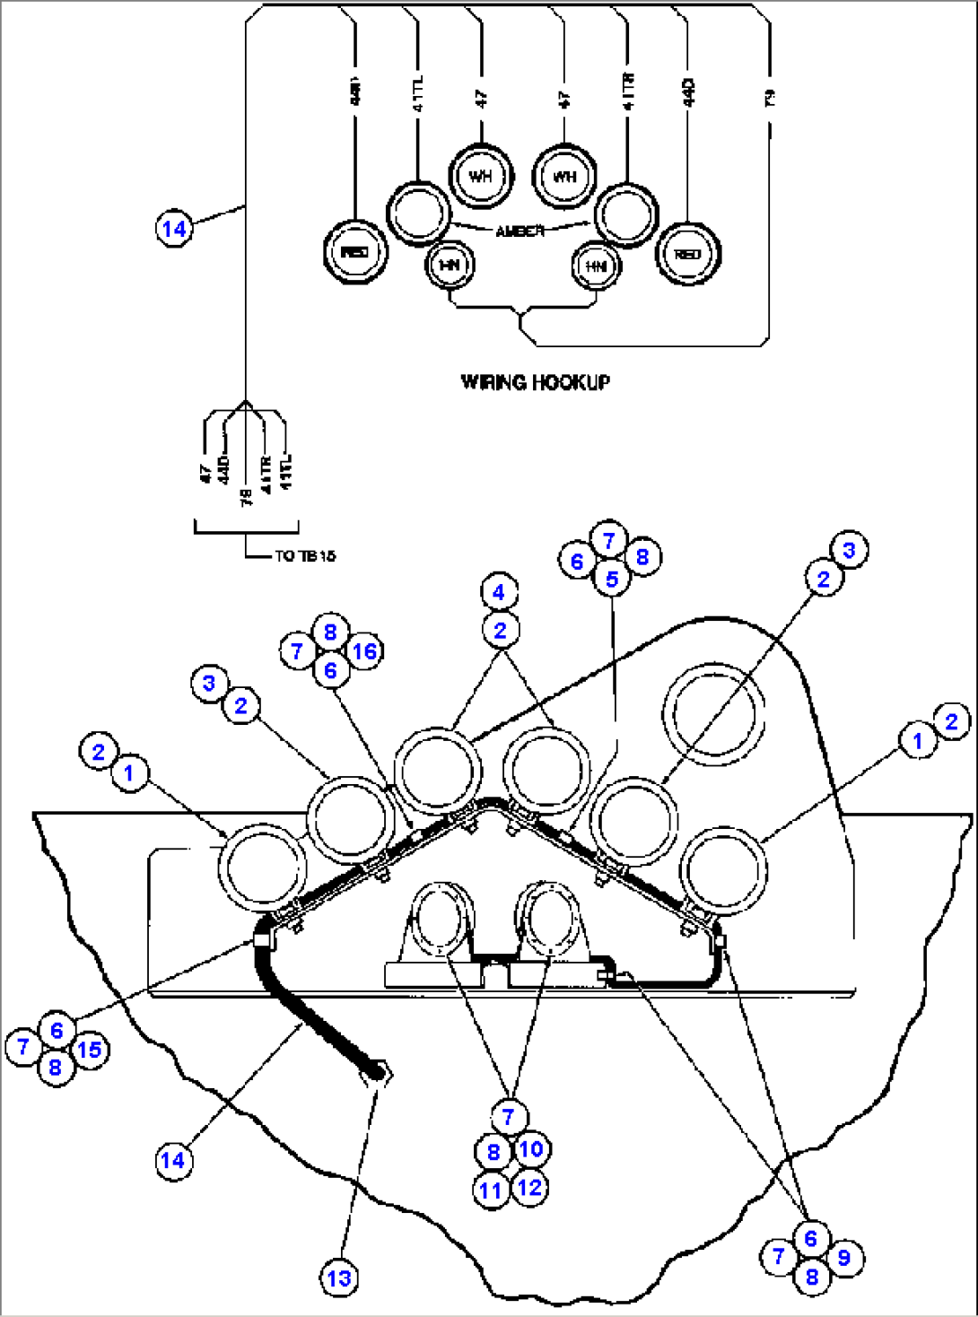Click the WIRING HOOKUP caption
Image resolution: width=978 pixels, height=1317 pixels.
click(x=535, y=382)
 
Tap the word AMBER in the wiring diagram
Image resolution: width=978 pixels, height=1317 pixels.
click(x=520, y=231)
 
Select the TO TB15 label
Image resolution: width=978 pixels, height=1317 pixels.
click(x=304, y=556)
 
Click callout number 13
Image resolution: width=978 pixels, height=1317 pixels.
click(x=339, y=1278)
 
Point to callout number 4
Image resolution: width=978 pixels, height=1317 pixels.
click(x=499, y=592)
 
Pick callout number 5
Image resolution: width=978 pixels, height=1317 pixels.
click(x=612, y=579)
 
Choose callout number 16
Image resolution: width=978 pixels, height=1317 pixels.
click(x=365, y=651)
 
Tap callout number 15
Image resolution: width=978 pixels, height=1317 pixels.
click(x=90, y=1050)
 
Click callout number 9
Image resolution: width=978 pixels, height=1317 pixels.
click(x=843, y=1258)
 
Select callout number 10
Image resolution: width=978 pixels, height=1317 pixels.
click(x=531, y=1149)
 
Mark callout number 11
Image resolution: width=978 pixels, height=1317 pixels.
click(x=491, y=1191)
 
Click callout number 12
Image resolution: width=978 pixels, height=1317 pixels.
click(x=530, y=1188)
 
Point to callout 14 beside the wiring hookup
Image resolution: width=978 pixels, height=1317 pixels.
click(x=174, y=228)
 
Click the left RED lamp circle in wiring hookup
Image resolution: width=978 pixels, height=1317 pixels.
click(x=355, y=252)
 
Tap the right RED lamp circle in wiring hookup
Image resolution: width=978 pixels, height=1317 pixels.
click(x=687, y=254)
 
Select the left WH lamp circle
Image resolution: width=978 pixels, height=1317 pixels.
click(x=480, y=176)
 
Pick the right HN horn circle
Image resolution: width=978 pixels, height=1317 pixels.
click(x=596, y=266)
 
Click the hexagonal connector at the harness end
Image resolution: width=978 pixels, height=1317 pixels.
click(x=377, y=1071)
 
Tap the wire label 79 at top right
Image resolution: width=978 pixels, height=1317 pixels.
click(x=769, y=98)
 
